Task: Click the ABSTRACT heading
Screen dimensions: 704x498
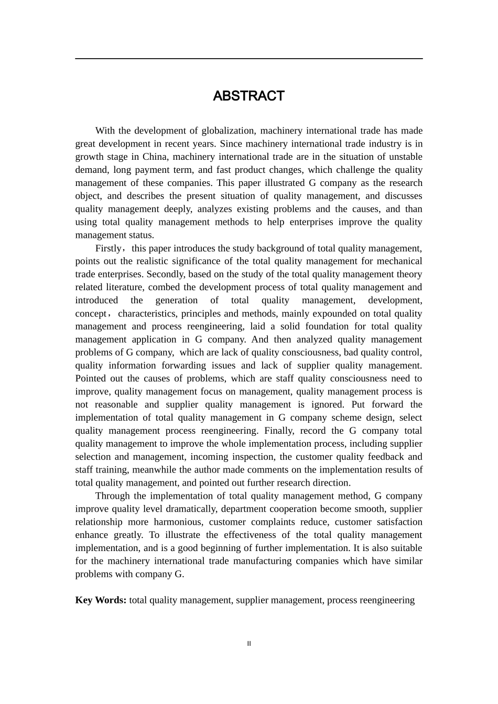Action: tap(248, 96)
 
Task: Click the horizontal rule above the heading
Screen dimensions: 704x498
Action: tap(248, 59)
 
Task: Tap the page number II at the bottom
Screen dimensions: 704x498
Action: tap(249, 644)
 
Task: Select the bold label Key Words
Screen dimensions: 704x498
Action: tap(101, 600)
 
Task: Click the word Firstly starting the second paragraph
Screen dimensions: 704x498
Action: tap(109, 248)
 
